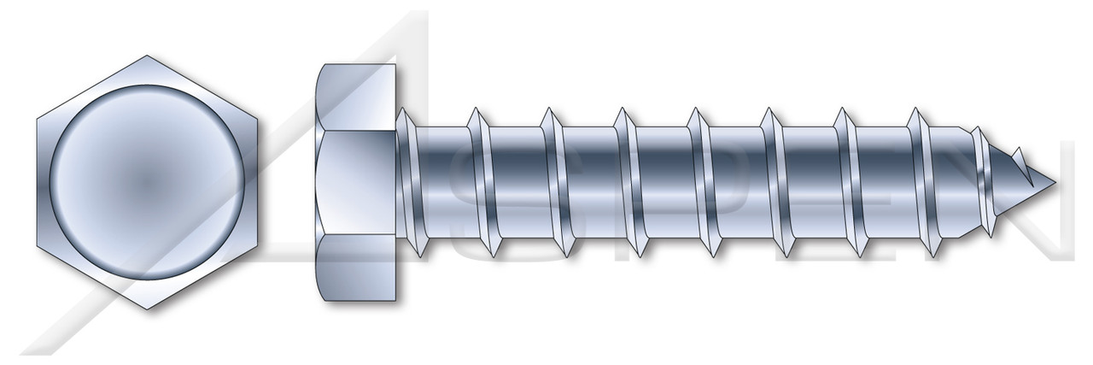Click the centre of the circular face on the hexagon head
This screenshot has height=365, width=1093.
[x=149, y=183]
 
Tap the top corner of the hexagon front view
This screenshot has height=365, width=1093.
[x=149, y=56]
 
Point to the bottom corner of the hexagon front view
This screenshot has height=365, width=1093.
[x=149, y=309]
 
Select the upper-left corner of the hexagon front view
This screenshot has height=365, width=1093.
[x=38, y=120]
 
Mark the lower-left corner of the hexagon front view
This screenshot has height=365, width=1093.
[x=38, y=246]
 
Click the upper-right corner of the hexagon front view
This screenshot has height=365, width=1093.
[x=260, y=120]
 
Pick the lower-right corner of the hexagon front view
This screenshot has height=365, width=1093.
[x=260, y=246]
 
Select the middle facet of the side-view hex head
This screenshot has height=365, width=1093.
[x=359, y=183]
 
